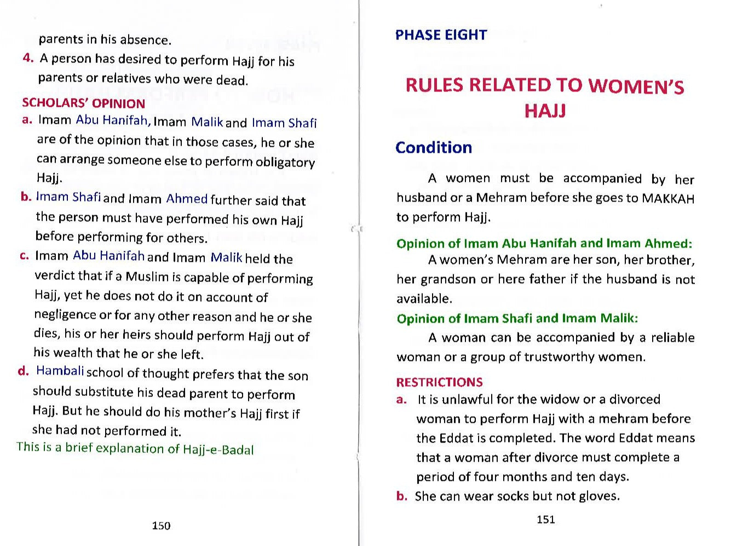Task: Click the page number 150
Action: [161, 526]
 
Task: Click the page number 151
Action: [545, 519]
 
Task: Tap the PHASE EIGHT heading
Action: [441, 35]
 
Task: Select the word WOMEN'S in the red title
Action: [636, 87]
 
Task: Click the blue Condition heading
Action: [434, 148]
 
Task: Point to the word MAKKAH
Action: [667, 198]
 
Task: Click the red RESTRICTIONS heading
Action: [439, 382]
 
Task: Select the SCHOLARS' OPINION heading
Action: [83, 104]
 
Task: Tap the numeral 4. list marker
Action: [28, 58]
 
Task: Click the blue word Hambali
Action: [60, 371]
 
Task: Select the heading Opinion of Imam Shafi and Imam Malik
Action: [517, 318]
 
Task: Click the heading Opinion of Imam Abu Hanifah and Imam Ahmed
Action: [544, 243]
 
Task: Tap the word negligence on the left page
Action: [65, 315]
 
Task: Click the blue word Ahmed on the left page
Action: [187, 199]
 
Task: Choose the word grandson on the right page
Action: [447, 279]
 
